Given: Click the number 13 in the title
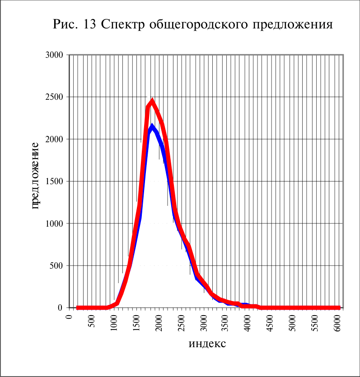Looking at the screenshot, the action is click(x=89, y=24).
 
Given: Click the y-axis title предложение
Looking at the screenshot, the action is click(x=35, y=176).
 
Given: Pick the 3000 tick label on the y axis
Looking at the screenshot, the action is click(x=54, y=55).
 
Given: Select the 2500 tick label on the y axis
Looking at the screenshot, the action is click(x=54, y=97).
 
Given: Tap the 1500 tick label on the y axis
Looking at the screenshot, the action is click(x=54, y=182).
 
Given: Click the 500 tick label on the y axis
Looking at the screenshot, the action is click(x=56, y=265).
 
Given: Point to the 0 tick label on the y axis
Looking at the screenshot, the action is click(x=61, y=308).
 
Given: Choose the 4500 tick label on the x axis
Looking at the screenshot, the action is click(x=270, y=323).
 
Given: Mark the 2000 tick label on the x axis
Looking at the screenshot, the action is click(x=159, y=323).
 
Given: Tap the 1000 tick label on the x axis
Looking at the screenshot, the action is click(x=114, y=323).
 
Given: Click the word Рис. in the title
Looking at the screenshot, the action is click(x=65, y=24).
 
